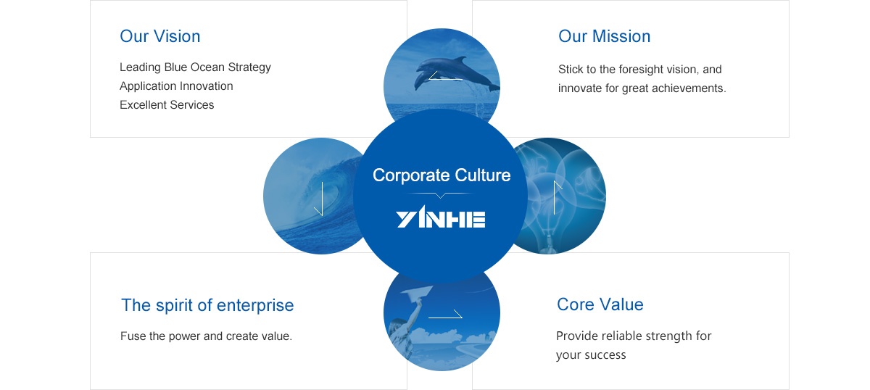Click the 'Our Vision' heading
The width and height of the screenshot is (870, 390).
tap(160, 36)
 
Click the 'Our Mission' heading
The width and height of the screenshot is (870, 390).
tap(604, 36)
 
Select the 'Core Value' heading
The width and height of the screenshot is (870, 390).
tap(600, 304)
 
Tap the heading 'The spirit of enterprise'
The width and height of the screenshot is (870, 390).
tap(207, 305)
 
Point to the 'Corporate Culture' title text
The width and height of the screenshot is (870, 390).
tap(442, 175)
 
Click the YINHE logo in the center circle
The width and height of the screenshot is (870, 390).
tap(441, 217)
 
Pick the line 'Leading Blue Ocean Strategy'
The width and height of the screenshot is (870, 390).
tap(195, 67)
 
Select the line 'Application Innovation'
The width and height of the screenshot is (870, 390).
tap(176, 86)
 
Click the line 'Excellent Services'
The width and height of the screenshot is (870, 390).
tap(167, 105)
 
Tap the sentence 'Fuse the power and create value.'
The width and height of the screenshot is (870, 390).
tap(206, 336)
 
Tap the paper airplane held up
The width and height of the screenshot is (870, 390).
tap(417, 293)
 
